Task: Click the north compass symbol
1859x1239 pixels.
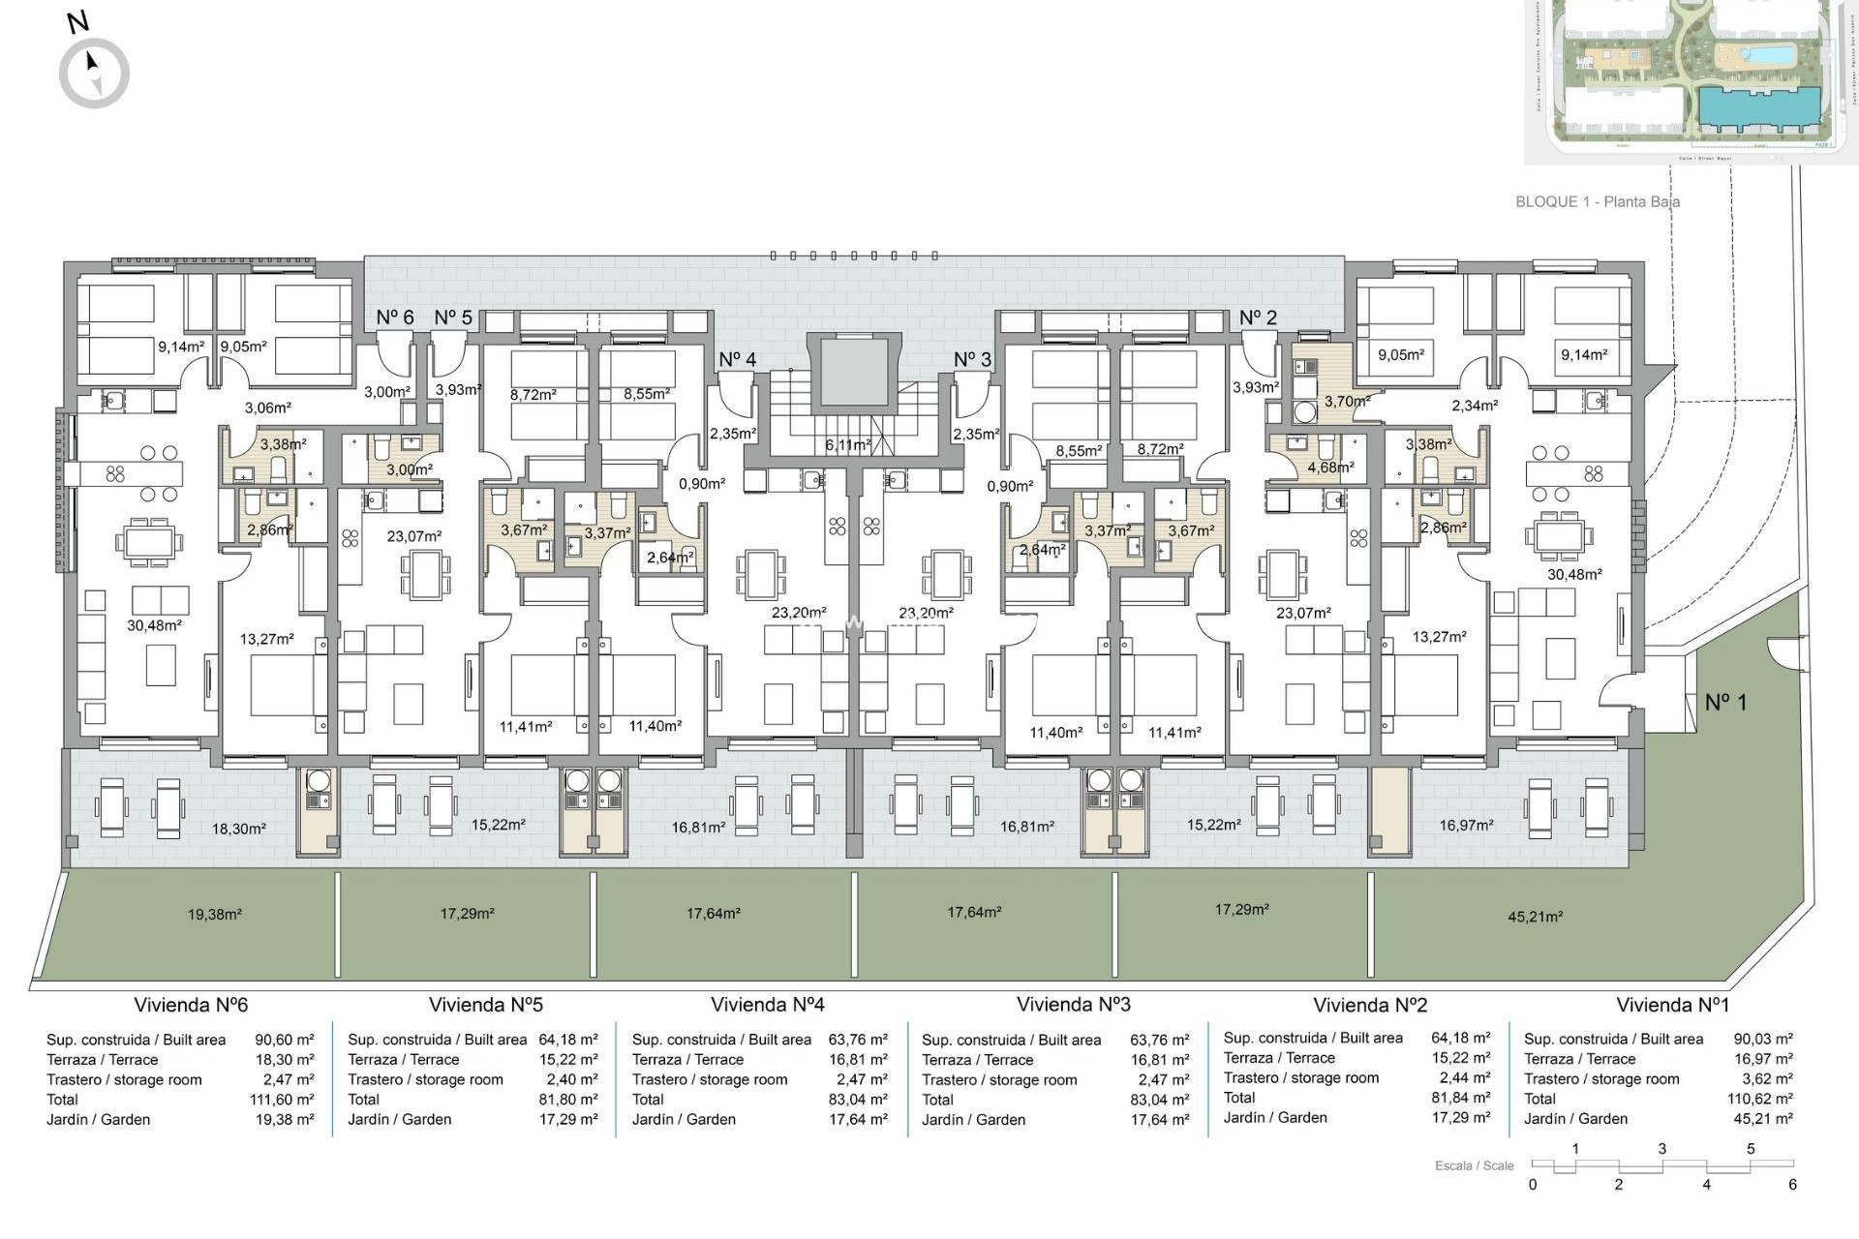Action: point(94,73)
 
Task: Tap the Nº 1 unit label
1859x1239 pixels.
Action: point(1725,702)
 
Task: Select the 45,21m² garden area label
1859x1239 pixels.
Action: point(1535,917)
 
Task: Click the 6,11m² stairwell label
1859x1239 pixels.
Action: point(846,445)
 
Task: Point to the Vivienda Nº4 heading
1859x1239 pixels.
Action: point(767,1005)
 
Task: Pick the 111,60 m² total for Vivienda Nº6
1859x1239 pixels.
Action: point(282,1100)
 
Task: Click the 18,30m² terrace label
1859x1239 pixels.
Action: point(239,829)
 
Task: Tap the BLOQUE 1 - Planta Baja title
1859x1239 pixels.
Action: point(1597,202)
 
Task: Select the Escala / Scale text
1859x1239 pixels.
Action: point(1474,1165)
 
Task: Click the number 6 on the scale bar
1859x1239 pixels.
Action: point(1792,1185)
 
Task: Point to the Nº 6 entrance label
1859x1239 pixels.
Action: point(395,317)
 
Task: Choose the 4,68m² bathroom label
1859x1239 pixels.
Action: point(1330,467)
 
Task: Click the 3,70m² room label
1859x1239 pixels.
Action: point(1347,401)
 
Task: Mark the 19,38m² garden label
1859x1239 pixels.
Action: point(214,914)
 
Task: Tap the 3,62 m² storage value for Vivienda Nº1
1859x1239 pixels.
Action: point(1763,1079)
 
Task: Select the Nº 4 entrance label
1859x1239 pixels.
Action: point(737,360)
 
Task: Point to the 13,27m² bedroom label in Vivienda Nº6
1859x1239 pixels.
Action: point(266,639)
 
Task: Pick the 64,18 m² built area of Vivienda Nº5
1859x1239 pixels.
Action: point(568,1040)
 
